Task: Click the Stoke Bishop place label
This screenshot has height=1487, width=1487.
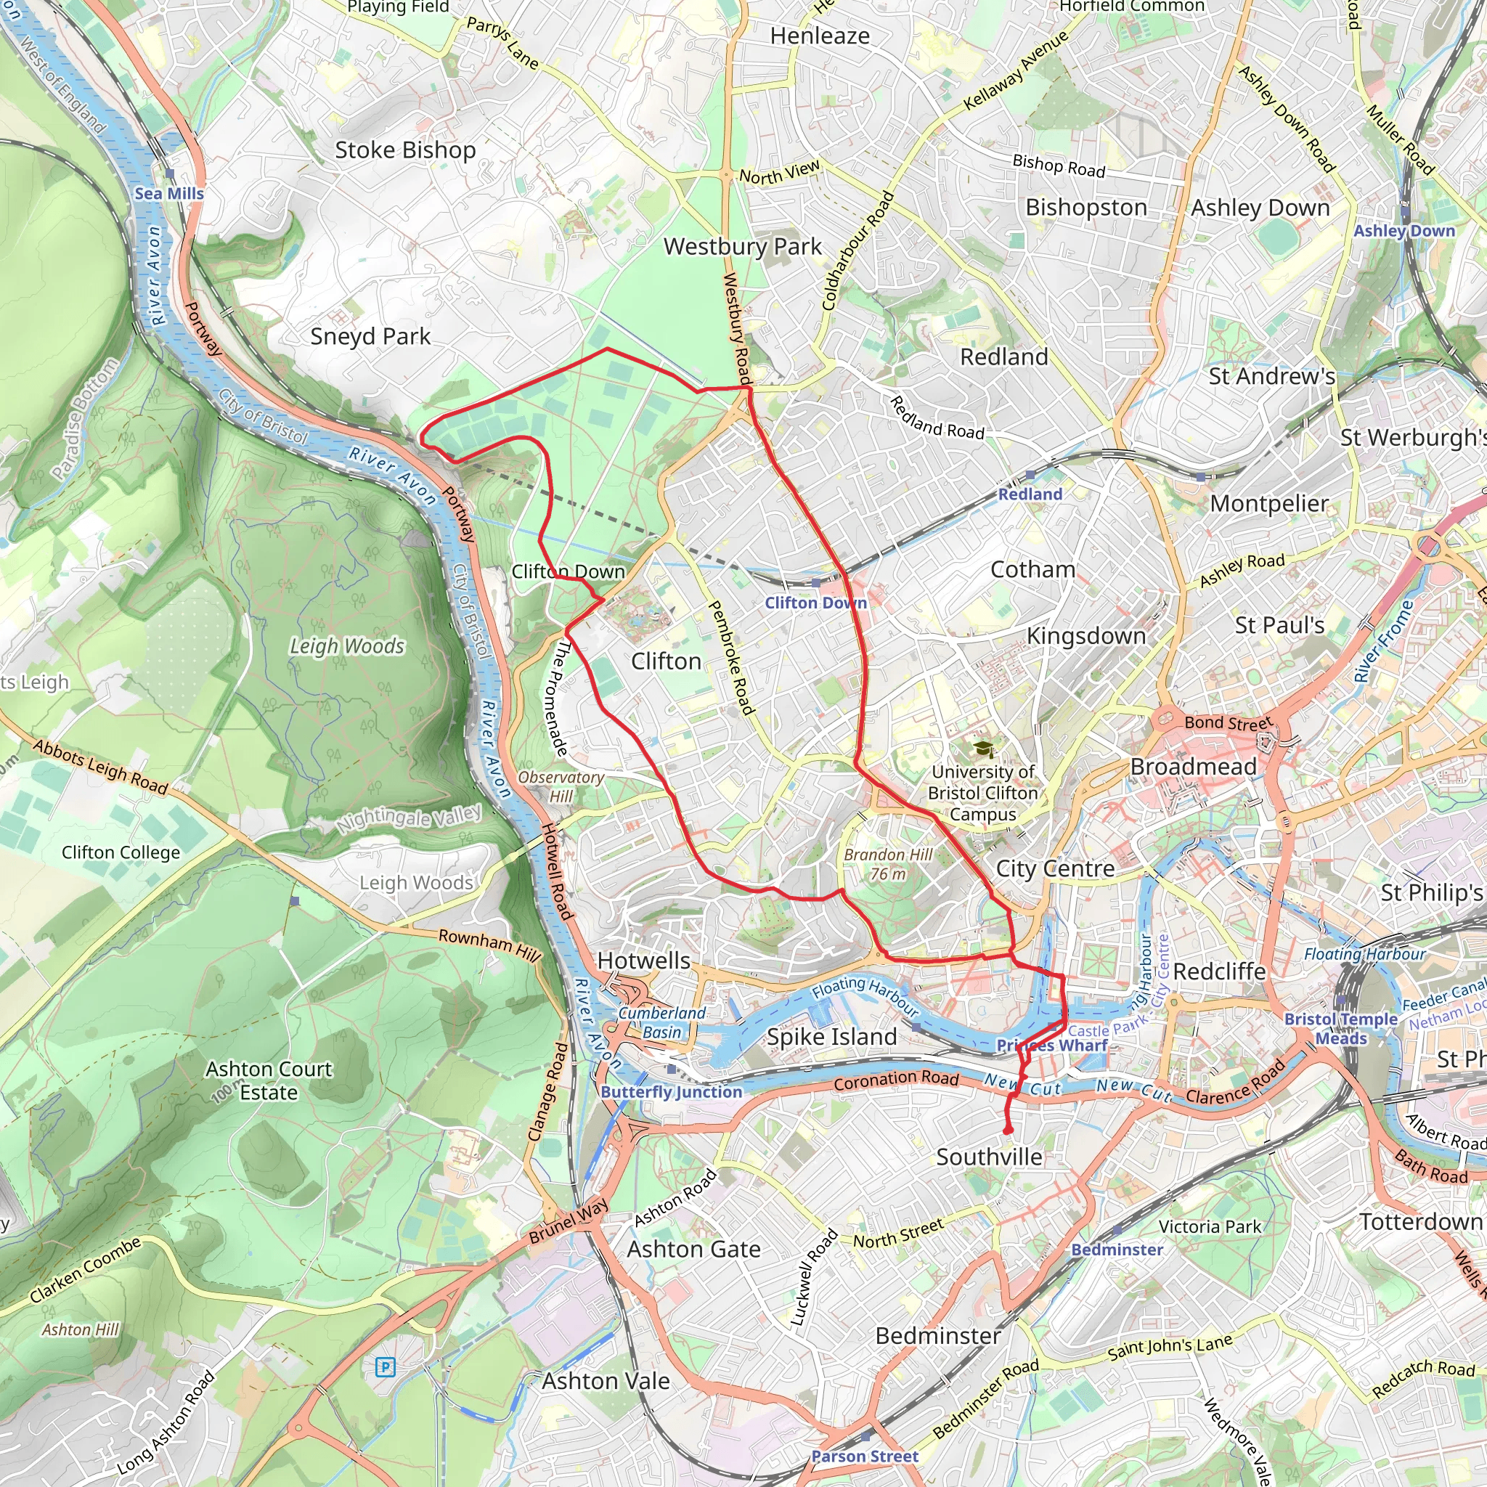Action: (405, 150)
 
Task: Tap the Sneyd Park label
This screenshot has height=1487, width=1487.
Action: (370, 336)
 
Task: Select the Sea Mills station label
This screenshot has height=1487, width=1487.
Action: (168, 193)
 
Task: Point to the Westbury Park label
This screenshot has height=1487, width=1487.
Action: (743, 246)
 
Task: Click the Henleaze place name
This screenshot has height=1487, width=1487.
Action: (820, 36)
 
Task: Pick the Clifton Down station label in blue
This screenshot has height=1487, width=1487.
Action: (815, 603)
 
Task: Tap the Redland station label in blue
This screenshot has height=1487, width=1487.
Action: (1030, 494)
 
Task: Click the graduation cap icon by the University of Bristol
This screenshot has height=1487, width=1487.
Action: (983, 749)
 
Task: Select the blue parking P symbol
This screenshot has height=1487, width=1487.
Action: (385, 1368)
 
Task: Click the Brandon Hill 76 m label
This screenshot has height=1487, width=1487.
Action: (887, 863)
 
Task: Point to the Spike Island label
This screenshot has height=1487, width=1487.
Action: (831, 1037)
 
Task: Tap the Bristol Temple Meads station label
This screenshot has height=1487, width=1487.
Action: (1340, 1028)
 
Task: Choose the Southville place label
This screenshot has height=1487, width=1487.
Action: (989, 1157)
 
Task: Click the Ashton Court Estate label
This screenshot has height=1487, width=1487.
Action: (269, 1080)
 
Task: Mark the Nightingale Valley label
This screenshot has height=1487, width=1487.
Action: (409, 818)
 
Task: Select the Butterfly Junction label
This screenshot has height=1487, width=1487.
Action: (671, 1091)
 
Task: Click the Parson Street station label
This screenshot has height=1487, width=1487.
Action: (864, 1457)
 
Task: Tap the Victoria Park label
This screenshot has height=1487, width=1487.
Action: (1210, 1227)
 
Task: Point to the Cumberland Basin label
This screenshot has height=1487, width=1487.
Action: (662, 1023)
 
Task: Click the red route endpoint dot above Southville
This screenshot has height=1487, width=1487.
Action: (1008, 1129)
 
